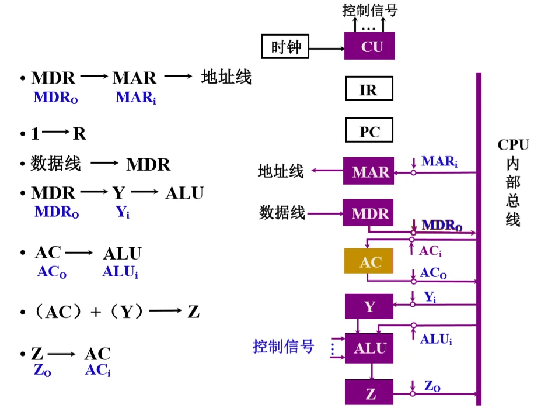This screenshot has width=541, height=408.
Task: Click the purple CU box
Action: [x=369, y=46]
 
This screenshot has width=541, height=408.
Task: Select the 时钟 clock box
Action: [x=285, y=46]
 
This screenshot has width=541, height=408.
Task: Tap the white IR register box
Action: [x=368, y=90]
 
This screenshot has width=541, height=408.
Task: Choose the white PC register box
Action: [x=368, y=132]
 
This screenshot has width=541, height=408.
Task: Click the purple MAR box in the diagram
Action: [x=369, y=172]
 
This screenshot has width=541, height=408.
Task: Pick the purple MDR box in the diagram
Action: [x=369, y=214]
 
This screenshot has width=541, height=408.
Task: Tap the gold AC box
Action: [x=369, y=262]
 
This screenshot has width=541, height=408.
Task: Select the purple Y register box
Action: [x=369, y=306]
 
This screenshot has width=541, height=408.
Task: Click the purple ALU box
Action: [x=369, y=348]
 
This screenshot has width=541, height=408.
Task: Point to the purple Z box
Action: [x=369, y=393]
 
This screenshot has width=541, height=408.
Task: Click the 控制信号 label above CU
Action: [x=369, y=10]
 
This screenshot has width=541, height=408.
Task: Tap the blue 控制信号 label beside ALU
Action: [x=284, y=347]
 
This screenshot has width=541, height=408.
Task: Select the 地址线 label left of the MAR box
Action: [x=281, y=171]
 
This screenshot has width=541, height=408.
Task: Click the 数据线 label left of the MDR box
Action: [x=282, y=212]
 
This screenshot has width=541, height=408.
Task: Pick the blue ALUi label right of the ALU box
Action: [x=436, y=339]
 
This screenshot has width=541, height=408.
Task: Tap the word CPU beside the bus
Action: [x=513, y=145]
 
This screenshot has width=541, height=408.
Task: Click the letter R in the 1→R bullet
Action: [x=79, y=134]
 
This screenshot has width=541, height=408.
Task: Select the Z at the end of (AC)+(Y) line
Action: [x=194, y=312]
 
